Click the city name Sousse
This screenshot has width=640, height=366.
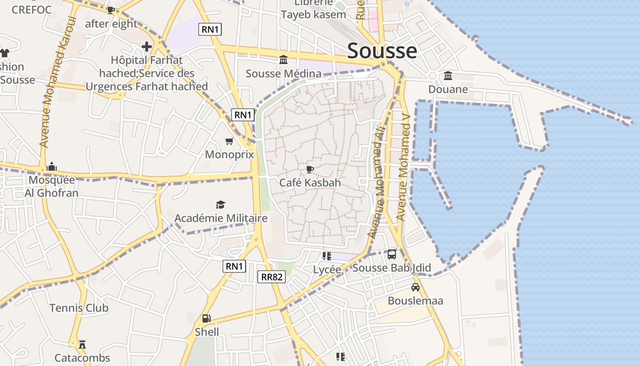click(382, 50)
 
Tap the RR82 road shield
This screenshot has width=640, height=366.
click(272, 277)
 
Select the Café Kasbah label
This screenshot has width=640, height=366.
click(310, 183)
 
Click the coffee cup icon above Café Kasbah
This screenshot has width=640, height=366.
click(310, 170)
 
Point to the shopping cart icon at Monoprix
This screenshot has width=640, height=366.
click(229, 141)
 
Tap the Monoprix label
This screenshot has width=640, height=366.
click(229, 154)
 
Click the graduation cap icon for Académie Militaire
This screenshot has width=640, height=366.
click(221, 205)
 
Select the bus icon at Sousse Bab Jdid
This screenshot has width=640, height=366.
click(392, 254)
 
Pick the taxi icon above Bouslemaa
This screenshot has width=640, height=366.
click(415, 287)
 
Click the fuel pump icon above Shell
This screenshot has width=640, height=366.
click(207, 318)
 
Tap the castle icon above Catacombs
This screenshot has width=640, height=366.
click(82, 344)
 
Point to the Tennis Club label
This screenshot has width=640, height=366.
click(79, 308)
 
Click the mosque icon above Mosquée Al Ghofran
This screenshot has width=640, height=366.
click(52, 167)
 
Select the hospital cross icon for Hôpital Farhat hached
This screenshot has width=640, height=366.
click(147, 47)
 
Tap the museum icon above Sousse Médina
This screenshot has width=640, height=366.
click(283, 60)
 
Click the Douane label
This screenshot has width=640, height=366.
click(448, 89)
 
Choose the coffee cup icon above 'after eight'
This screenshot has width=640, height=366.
click(111, 10)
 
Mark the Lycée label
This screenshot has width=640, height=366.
click(327, 270)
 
